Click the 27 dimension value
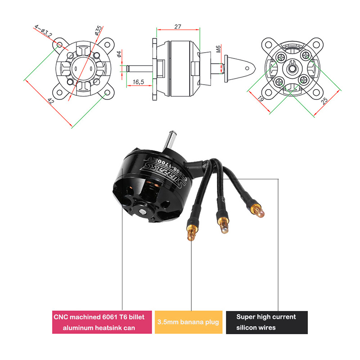[x=177, y=27]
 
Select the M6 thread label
[x=218, y=49]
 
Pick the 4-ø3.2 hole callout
[x=45, y=32]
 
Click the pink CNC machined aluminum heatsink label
[x=102, y=322]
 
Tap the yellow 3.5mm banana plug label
[x=189, y=322]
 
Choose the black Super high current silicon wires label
[x=266, y=322]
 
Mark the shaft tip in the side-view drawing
[x=128, y=68]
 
